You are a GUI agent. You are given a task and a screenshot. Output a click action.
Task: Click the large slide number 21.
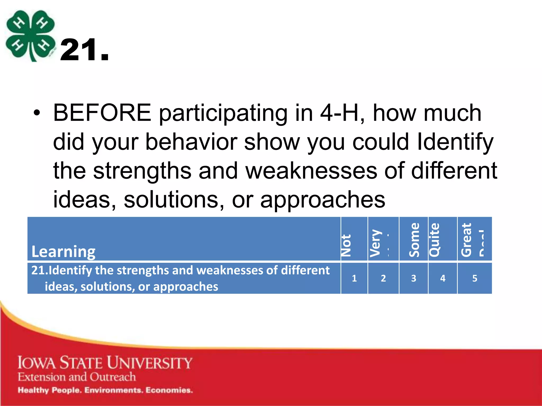pyautogui.click(x=84, y=50)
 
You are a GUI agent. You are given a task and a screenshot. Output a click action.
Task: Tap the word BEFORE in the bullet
pyautogui.click(x=102, y=113)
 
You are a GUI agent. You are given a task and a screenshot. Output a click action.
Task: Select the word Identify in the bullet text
pyautogui.click(x=455, y=142)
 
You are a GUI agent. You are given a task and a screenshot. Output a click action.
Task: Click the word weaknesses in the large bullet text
pyautogui.click(x=311, y=171)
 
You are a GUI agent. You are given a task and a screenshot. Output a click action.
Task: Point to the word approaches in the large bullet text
pyautogui.click(x=323, y=200)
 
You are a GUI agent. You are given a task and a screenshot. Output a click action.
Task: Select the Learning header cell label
pyautogui.click(x=63, y=251)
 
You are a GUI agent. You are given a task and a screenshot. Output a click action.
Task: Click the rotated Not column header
pyautogui.click(x=346, y=245)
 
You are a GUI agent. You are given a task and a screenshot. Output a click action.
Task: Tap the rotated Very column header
pyautogui.click(x=376, y=243)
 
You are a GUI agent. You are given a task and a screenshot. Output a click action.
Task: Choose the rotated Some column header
pyautogui.click(x=414, y=240)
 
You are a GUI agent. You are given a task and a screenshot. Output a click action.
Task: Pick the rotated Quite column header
pyautogui.click(x=434, y=240)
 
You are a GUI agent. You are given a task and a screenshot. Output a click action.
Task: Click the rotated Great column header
pyautogui.click(x=466, y=240)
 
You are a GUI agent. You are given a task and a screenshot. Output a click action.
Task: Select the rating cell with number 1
pyautogui.click(x=354, y=278)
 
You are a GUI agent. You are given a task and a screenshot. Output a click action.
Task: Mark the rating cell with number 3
pyautogui.click(x=413, y=278)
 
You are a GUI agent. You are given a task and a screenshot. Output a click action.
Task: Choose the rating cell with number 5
pyautogui.click(x=475, y=278)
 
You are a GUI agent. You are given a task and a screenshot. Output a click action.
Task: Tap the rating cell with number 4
pyautogui.click(x=442, y=278)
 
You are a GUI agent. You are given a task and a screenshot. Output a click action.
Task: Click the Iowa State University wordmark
pyautogui.click(x=105, y=363)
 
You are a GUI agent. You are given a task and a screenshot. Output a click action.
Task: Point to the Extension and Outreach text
pyautogui.click(x=77, y=377)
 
